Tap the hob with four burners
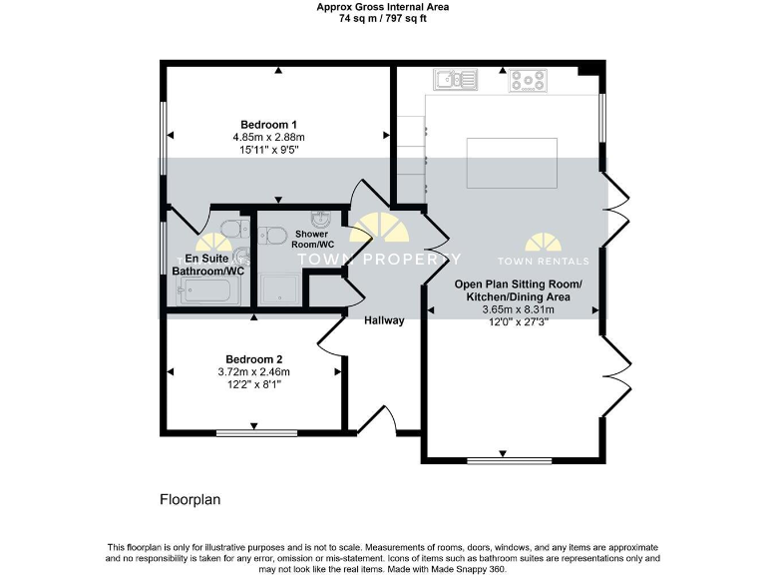coord(528,80)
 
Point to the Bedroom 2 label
coord(253,359)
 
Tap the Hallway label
coord(384,320)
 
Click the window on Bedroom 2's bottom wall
coord(256,432)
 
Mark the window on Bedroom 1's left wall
coord(165,136)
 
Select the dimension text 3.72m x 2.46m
coord(253,372)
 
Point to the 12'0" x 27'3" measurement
coord(518,321)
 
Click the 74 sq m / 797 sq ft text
coord(382,18)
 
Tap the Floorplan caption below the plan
coord(190,497)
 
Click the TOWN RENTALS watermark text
coord(545,262)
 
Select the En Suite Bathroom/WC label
coord(208,265)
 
